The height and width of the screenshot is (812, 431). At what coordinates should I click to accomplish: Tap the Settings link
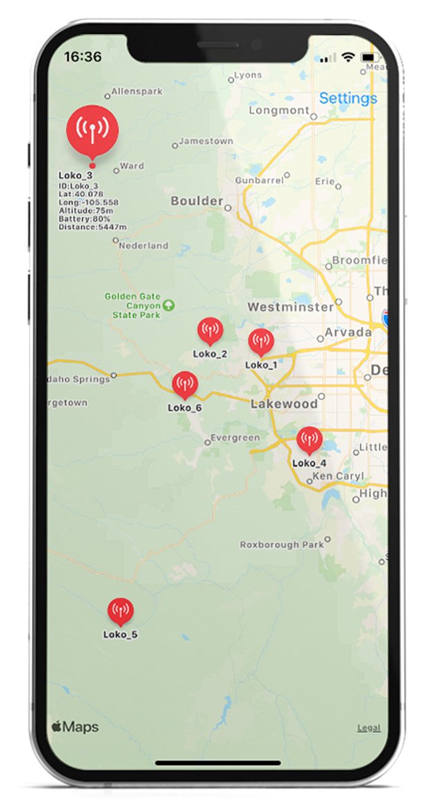(348, 98)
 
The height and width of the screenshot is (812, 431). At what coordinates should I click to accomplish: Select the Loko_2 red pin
(210, 331)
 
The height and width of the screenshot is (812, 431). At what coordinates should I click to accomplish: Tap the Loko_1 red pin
(260, 342)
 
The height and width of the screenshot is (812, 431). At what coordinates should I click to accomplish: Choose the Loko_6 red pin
(185, 385)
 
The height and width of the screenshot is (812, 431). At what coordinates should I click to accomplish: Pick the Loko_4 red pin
(309, 440)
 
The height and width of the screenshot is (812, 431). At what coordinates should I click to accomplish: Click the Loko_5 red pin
(120, 611)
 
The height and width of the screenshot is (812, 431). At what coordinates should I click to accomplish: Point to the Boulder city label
(197, 202)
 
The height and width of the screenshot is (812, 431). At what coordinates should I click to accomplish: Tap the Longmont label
(278, 110)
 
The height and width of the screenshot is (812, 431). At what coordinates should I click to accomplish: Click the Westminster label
(290, 306)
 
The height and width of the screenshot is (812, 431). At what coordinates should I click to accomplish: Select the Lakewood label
(285, 404)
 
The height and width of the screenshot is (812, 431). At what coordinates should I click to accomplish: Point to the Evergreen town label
(235, 438)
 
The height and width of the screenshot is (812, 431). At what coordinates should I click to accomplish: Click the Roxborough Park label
(282, 545)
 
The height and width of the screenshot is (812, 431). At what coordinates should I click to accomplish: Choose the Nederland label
(144, 245)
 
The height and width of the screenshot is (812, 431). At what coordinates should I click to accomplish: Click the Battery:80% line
(85, 218)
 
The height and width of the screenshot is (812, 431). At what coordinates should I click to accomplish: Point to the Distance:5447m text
(92, 227)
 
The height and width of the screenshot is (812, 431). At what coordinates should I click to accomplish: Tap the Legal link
(369, 728)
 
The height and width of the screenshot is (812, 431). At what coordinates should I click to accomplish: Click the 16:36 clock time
(83, 57)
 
